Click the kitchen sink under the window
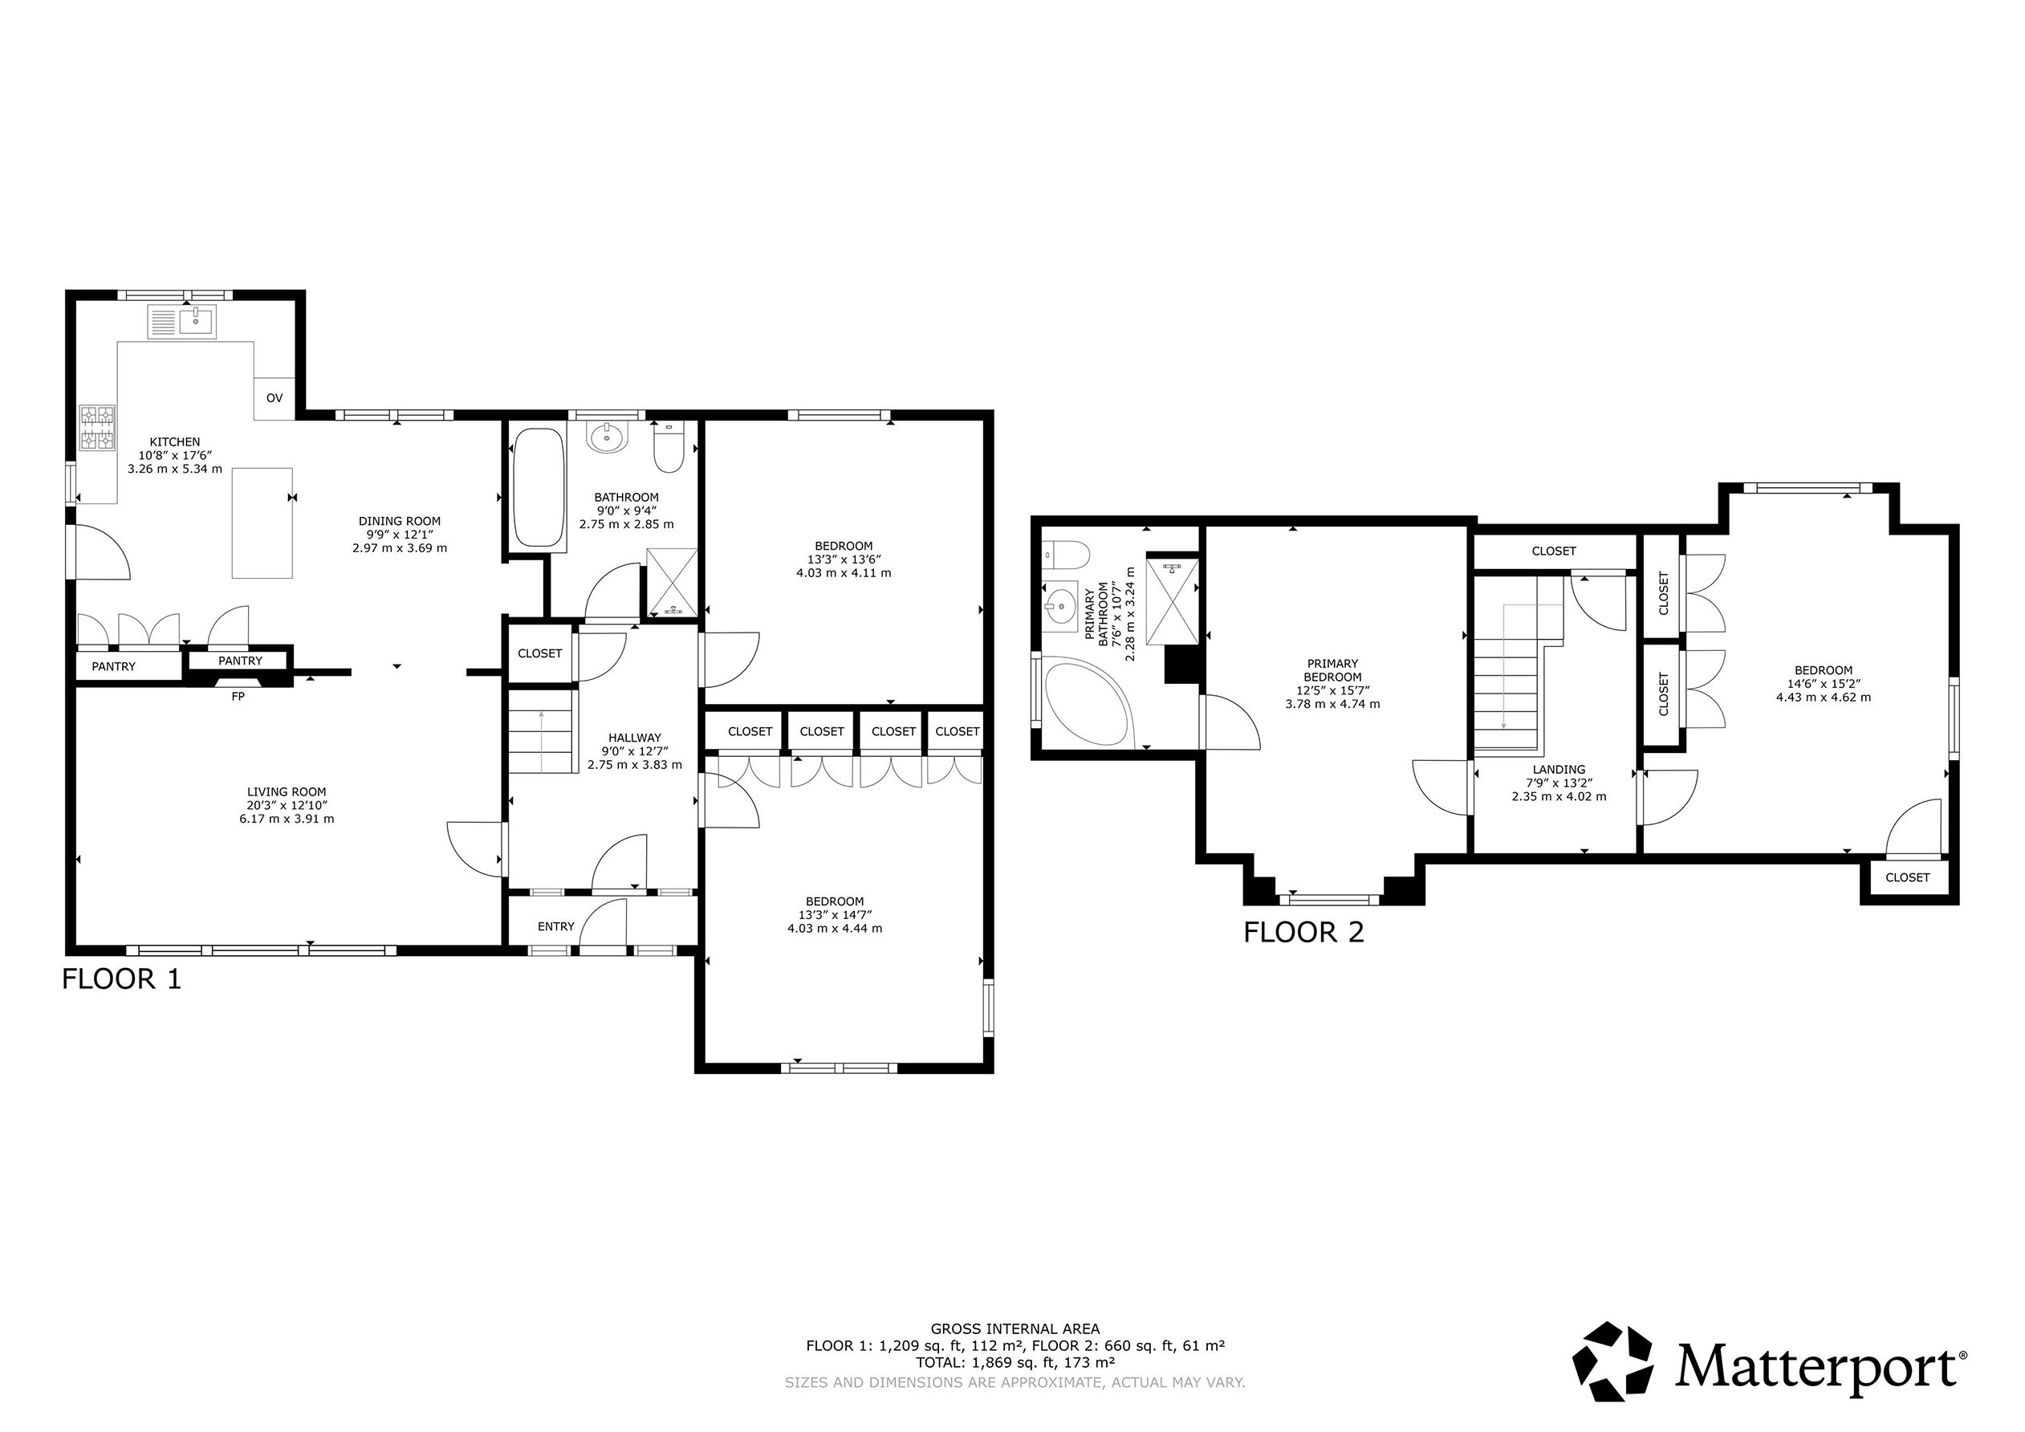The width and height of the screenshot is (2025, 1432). pyautogui.click(x=181, y=322)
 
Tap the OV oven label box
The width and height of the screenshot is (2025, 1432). pyautogui.click(x=274, y=398)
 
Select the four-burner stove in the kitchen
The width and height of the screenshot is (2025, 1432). pyautogui.click(x=98, y=428)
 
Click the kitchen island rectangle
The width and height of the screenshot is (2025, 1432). pyautogui.click(x=262, y=523)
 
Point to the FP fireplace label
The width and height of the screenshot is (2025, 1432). pyautogui.click(x=238, y=696)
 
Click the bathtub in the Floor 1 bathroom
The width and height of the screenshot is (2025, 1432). pyautogui.click(x=538, y=487)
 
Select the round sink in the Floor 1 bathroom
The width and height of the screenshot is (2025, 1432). pyautogui.click(x=607, y=436)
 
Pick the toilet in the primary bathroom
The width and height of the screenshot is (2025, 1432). pyautogui.click(x=1065, y=554)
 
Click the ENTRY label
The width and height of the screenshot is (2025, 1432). pyautogui.click(x=555, y=926)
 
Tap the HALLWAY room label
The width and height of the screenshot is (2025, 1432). pyautogui.click(x=634, y=738)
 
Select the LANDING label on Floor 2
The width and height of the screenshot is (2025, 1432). pyautogui.click(x=1559, y=770)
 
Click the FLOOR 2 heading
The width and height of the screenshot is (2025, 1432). pyautogui.click(x=1303, y=932)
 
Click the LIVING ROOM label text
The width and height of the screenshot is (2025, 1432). pyautogui.click(x=287, y=792)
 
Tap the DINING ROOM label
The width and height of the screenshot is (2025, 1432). pyautogui.click(x=400, y=522)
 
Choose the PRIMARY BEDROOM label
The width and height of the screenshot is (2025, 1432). pyautogui.click(x=1332, y=670)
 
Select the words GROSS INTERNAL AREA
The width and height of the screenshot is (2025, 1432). pyautogui.click(x=1015, y=1328)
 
